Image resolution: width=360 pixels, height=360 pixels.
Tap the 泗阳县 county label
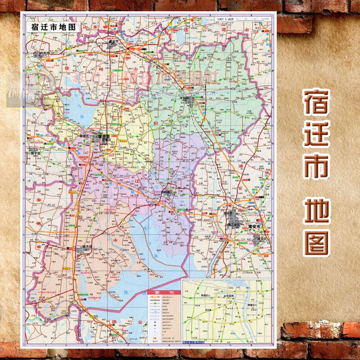click(x=167, y=192)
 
